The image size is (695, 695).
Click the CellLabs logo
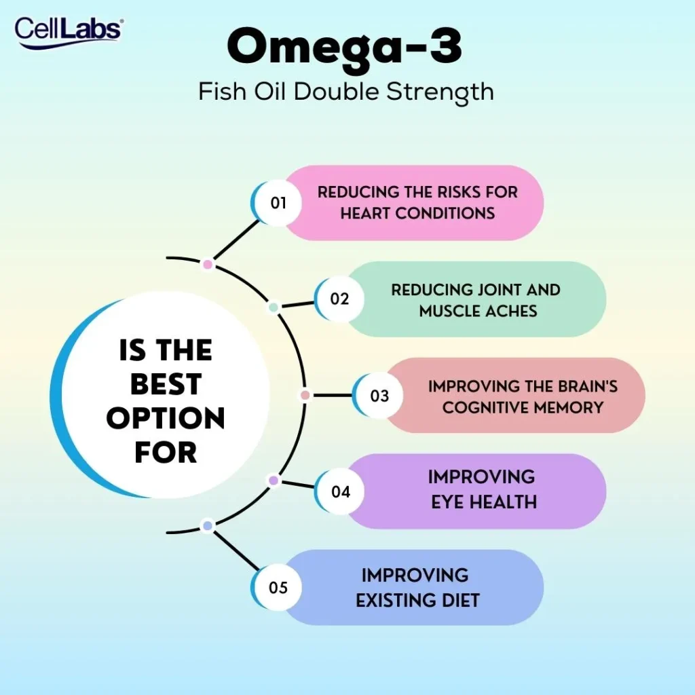pyautogui.click(x=68, y=31)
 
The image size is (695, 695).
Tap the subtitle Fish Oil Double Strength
pyautogui.click(x=346, y=92)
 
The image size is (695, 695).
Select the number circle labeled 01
pyautogui.click(x=278, y=203)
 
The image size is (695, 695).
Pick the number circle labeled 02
pyautogui.click(x=339, y=299)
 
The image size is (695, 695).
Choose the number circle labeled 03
pyautogui.click(x=379, y=395)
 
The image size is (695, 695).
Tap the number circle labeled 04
pyautogui.click(x=340, y=491)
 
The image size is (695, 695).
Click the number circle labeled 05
pyautogui.click(x=278, y=587)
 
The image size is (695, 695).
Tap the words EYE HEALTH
pyautogui.click(x=484, y=502)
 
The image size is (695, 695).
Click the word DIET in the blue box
pyautogui.click(x=462, y=600)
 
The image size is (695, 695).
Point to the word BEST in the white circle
pyautogui.click(x=166, y=384)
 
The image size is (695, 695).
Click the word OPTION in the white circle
pyautogui.click(x=166, y=418)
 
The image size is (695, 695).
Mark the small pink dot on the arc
pyautogui.click(x=208, y=264)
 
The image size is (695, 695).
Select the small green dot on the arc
pyautogui.click(x=274, y=307)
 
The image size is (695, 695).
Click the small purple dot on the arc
pyautogui.click(x=274, y=481)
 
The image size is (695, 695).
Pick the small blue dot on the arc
pyautogui.click(x=208, y=525)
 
